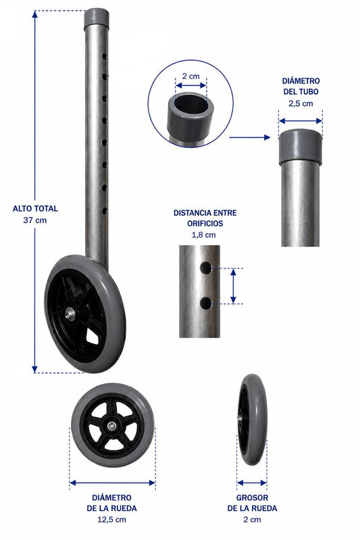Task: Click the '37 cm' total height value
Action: [35, 220]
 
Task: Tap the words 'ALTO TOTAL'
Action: [35, 209]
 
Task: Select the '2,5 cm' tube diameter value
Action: [301, 103]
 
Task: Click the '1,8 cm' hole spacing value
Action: [203, 235]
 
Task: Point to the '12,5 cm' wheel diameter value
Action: [111, 519]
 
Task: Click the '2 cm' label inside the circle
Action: [190, 76]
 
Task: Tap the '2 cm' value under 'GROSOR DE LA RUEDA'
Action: [252, 519]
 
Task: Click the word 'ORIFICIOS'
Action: [205, 223]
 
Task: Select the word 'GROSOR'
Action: [252, 497]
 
